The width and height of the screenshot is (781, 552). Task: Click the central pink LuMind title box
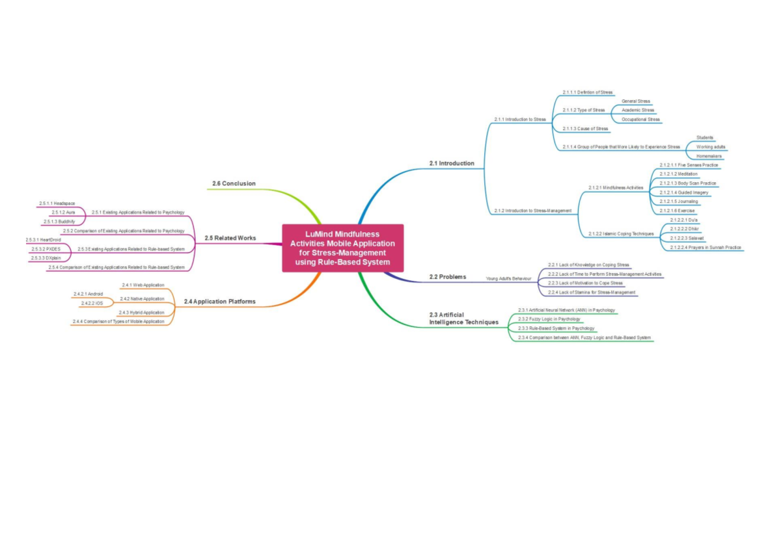pyautogui.click(x=342, y=248)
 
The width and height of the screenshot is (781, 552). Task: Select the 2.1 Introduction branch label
pyautogui.click(x=452, y=163)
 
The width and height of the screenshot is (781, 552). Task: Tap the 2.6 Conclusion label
pyautogui.click(x=234, y=183)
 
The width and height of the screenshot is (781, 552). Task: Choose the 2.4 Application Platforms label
pyautogui.click(x=219, y=302)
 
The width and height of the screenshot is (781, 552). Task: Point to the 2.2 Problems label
pyautogui.click(x=448, y=277)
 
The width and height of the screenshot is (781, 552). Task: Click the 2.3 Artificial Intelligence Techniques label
pyautogui.click(x=463, y=319)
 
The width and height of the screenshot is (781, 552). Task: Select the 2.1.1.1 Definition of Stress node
pyautogui.click(x=587, y=92)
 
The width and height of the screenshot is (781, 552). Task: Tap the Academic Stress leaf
pyautogui.click(x=638, y=111)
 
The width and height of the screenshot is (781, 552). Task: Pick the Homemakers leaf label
pyautogui.click(x=709, y=156)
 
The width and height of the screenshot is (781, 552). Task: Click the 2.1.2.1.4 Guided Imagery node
pyautogui.click(x=683, y=192)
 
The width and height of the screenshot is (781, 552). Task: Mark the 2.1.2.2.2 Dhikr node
pyautogui.click(x=683, y=229)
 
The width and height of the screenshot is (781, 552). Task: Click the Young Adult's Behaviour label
pyautogui.click(x=508, y=279)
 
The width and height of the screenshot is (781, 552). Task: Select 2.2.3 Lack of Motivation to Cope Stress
pyautogui.click(x=585, y=283)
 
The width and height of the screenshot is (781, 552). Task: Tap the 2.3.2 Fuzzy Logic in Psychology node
pyautogui.click(x=549, y=319)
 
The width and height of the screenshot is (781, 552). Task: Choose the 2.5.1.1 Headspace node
pyautogui.click(x=57, y=204)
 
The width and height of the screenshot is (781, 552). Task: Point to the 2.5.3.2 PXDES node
pyautogui.click(x=46, y=249)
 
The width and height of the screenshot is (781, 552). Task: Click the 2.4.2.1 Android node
pyautogui.click(x=88, y=294)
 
